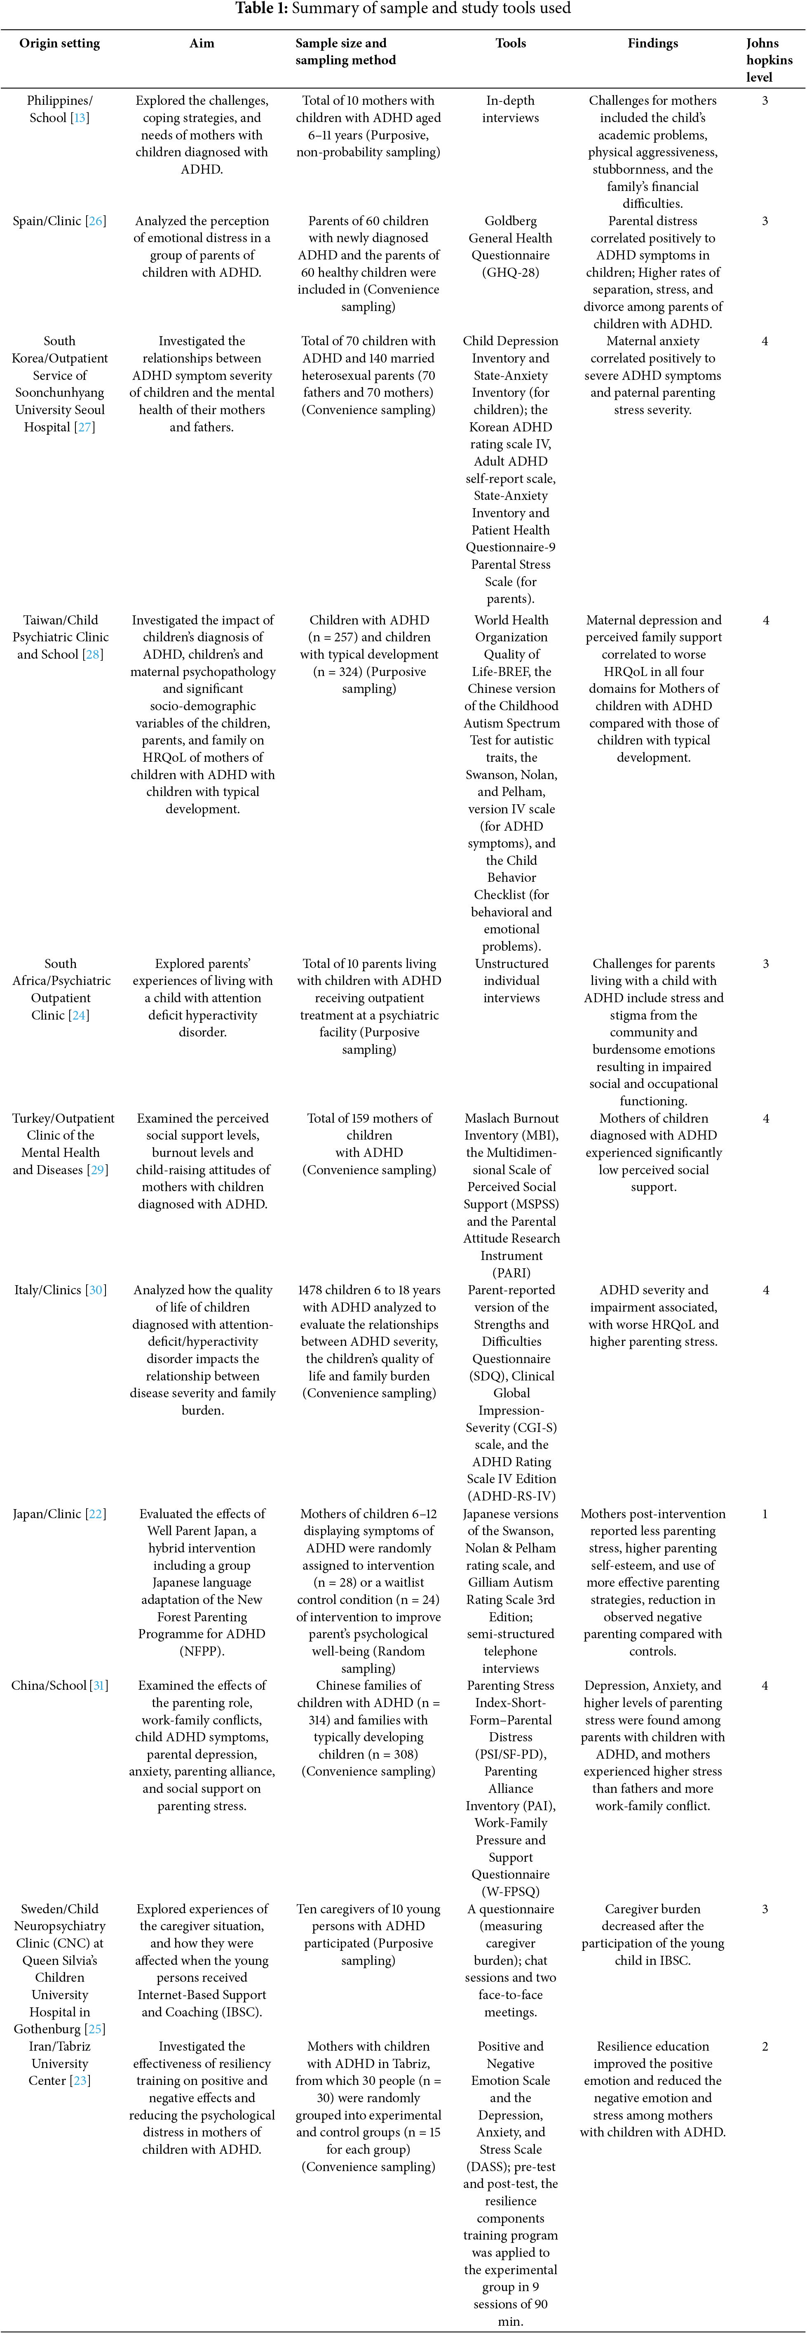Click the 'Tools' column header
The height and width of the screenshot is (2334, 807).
tap(511, 42)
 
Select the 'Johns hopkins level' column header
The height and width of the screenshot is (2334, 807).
tap(768, 60)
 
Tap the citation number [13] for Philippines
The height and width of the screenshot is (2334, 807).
tap(80, 118)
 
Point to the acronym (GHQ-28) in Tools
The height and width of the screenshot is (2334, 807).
tap(511, 273)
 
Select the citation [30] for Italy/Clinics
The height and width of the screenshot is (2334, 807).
tap(96, 1290)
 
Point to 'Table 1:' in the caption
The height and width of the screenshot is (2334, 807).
tap(262, 9)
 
